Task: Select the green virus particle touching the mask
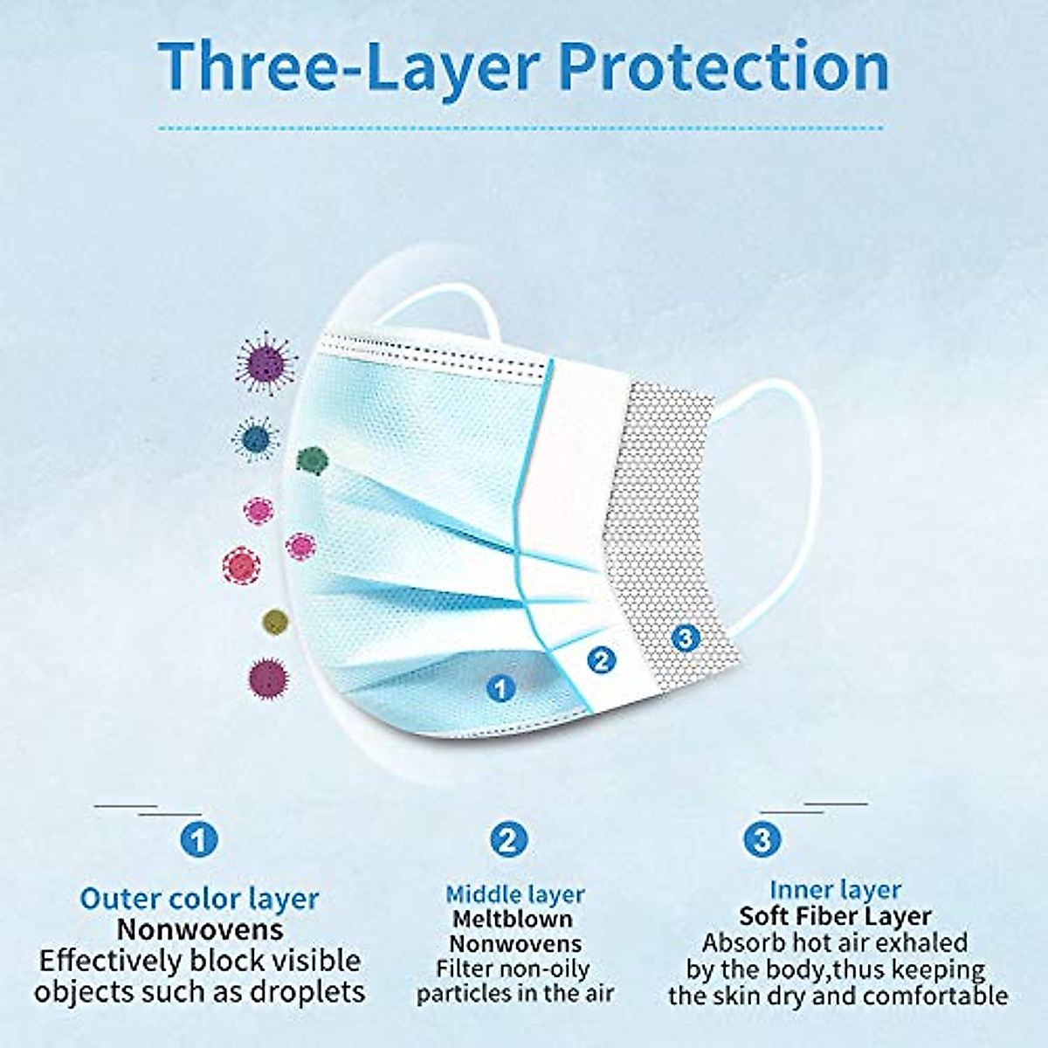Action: click(312, 459)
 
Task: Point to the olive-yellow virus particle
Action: click(275, 622)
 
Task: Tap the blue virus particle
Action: click(256, 438)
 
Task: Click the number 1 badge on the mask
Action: click(500, 688)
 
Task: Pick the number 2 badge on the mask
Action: click(601, 659)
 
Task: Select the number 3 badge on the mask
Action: click(686, 638)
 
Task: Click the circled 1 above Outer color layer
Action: click(199, 840)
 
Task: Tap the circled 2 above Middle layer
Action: click(508, 840)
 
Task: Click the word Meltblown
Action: click(513, 919)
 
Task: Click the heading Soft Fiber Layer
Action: click(835, 916)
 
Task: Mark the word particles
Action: click(464, 994)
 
